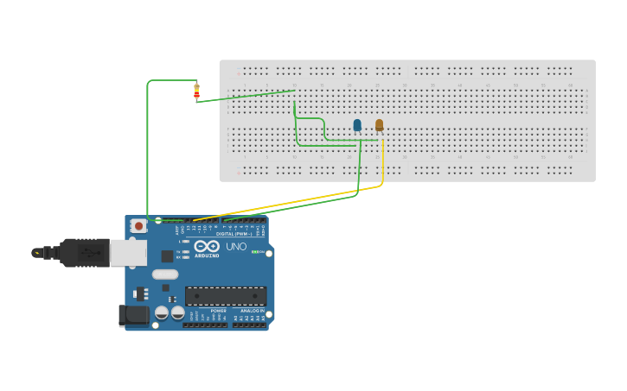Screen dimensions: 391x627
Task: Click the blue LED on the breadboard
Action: click(x=357, y=125)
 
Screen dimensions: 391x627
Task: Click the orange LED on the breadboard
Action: click(x=379, y=124)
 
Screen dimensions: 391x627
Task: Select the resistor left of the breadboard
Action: click(x=196, y=90)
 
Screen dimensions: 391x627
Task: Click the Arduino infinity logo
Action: click(x=208, y=246)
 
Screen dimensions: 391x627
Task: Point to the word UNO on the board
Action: click(x=236, y=247)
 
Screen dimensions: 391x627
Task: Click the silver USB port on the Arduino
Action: click(x=128, y=252)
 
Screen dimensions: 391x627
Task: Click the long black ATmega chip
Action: click(x=226, y=296)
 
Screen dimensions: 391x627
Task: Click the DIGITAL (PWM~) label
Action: click(x=234, y=234)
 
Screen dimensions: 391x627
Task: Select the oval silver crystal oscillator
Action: click(x=164, y=274)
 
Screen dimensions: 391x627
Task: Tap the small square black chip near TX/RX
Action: click(x=167, y=255)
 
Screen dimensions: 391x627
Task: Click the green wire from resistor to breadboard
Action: click(x=246, y=95)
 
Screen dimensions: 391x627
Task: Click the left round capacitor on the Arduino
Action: click(x=162, y=312)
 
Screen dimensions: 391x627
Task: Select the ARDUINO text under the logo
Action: click(x=207, y=255)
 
